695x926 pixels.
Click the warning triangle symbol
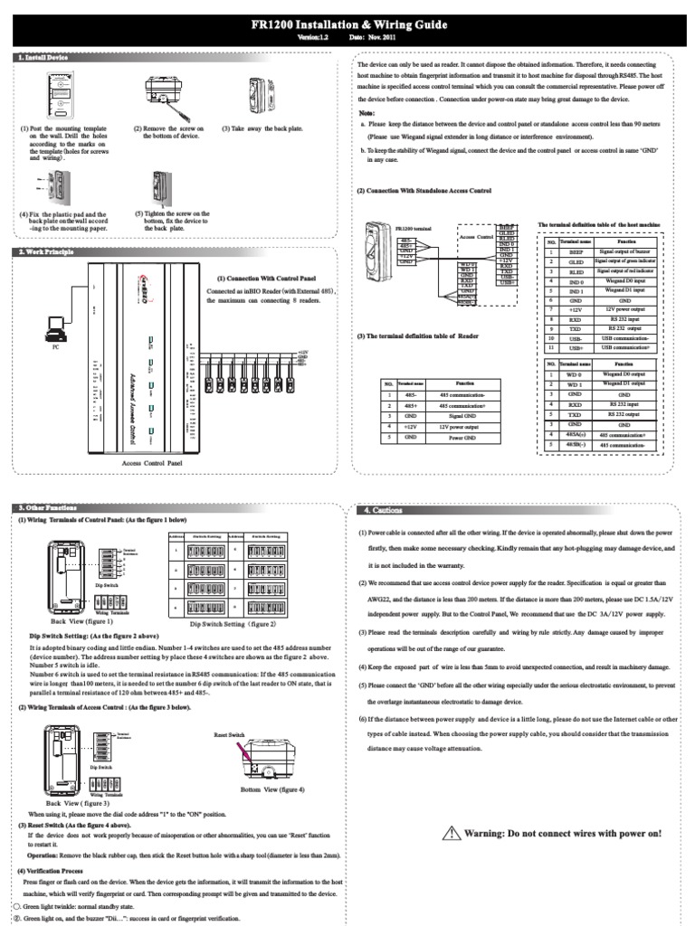tap(452, 832)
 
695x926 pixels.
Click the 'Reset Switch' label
tap(229, 735)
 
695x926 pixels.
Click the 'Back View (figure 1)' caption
tap(81, 622)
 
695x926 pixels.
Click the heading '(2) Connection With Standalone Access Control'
tap(424, 191)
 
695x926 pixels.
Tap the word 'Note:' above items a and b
tap(366, 113)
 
